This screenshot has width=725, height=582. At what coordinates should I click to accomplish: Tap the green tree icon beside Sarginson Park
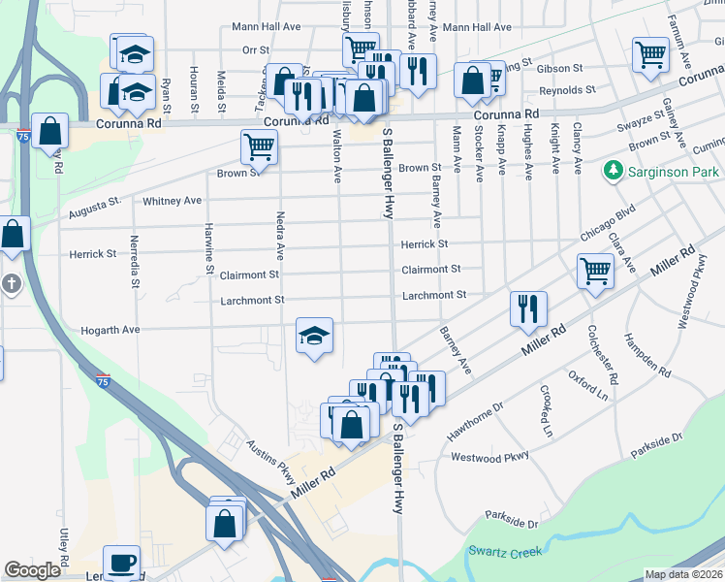613,172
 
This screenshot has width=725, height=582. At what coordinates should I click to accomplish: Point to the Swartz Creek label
507,551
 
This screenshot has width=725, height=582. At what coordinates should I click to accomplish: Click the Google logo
32,570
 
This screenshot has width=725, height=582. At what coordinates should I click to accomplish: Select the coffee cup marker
121,563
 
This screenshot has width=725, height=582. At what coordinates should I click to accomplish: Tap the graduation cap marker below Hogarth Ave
314,336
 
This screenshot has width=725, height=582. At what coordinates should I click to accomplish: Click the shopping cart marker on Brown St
259,147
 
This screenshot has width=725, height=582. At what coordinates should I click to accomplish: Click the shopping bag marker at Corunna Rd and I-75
49,130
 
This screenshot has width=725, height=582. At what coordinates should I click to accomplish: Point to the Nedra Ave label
279,236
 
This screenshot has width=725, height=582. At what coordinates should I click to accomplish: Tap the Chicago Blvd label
608,222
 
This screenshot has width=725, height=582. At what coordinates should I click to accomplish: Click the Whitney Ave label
172,201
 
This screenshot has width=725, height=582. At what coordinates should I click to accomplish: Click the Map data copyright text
682,574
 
